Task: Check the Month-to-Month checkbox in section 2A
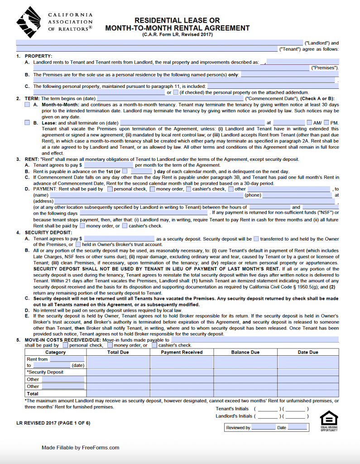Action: [x=27, y=105]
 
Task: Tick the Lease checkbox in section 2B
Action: [x=27, y=123]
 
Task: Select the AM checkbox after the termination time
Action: [x=310, y=123]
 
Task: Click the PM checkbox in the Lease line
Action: [x=327, y=123]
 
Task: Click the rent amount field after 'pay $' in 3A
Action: [x=108, y=165]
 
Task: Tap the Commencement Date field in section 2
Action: [x=170, y=98]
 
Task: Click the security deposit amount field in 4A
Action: [x=119, y=239]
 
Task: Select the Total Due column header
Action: [x=118, y=352]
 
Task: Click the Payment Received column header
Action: [x=182, y=352]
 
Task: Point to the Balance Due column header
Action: [x=245, y=352]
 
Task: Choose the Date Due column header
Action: [x=308, y=352]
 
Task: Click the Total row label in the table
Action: [x=33, y=394]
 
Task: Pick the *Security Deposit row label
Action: [x=45, y=372]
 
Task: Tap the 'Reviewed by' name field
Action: [x=263, y=427]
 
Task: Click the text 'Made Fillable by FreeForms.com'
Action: [x=81, y=448]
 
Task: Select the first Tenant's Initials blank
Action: [x=268, y=409]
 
